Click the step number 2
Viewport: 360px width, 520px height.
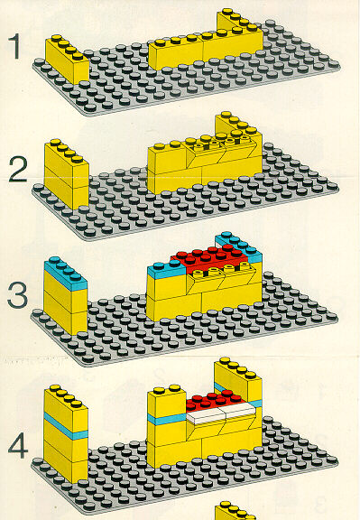tap(18, 169)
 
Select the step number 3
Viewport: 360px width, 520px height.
tap(18, 295)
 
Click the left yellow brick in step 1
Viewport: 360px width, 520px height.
tap(67, 59)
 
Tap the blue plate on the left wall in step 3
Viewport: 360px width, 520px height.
tap(65, 273)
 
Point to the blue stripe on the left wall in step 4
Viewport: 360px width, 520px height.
tap(66, 426)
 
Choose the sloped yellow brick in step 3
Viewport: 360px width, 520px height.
tap(220, 279)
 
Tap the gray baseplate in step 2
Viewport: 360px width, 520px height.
tap(186, 206)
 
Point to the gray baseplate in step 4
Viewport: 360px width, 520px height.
tap(186, 478)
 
